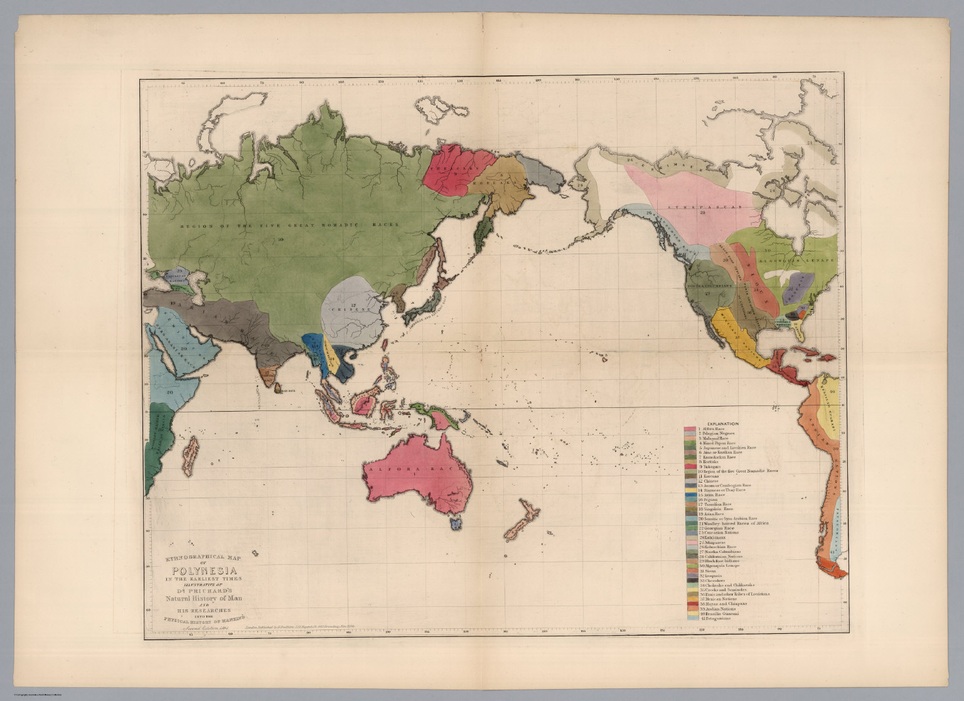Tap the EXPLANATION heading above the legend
coord(720,424)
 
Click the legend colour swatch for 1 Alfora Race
coord(689,429)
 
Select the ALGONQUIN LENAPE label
coord(796,259)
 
